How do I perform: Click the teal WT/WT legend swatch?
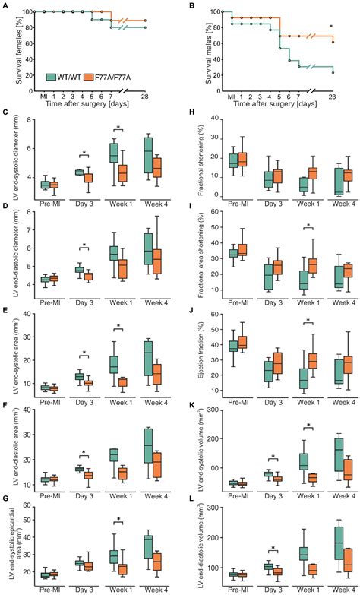click(52, 77)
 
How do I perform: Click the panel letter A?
click(5, 6)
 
